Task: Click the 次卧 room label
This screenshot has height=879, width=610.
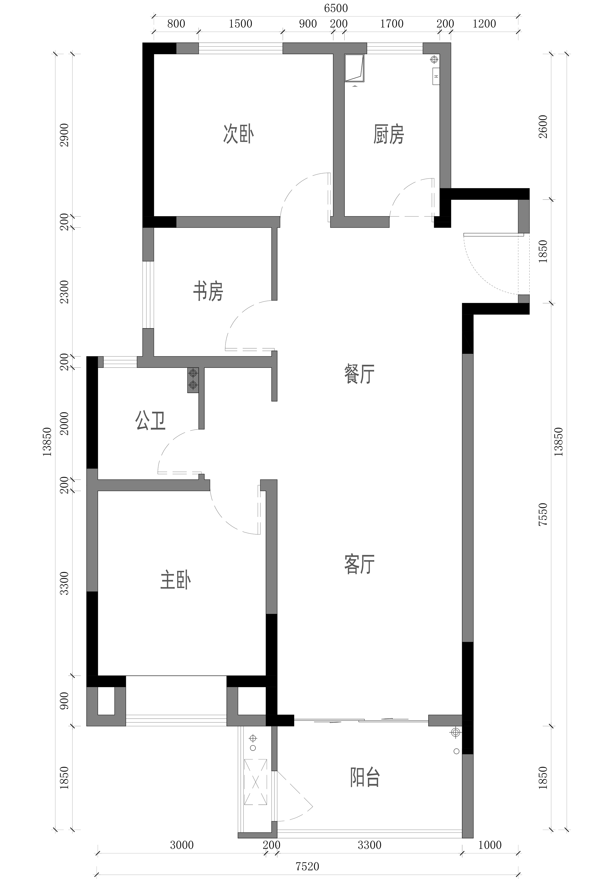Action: click(x=238, y=134)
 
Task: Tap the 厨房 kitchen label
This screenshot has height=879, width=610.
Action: click(x=389, y=134)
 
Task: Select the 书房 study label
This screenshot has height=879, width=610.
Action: click(x=208, y=291)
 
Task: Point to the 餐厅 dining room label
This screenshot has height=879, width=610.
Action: click(x=359, y=374)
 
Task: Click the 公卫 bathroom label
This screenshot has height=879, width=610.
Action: click(x=150, y=421)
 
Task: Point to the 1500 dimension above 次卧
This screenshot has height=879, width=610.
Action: click(x=240, y=24)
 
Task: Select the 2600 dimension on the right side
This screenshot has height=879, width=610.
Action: click(x=543, y=127)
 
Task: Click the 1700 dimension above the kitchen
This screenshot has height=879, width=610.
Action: click(x=392, y=24)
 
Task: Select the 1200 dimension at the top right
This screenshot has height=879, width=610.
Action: click(x=484, y=24)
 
